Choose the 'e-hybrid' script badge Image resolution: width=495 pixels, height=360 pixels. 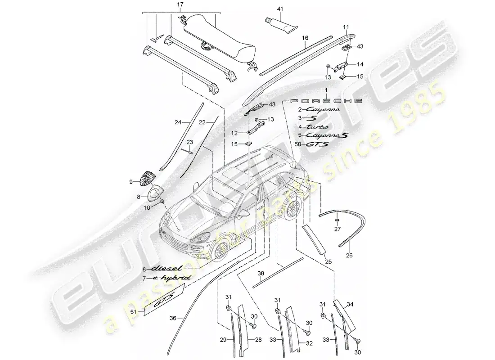171,279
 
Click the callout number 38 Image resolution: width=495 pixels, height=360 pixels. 261,273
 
